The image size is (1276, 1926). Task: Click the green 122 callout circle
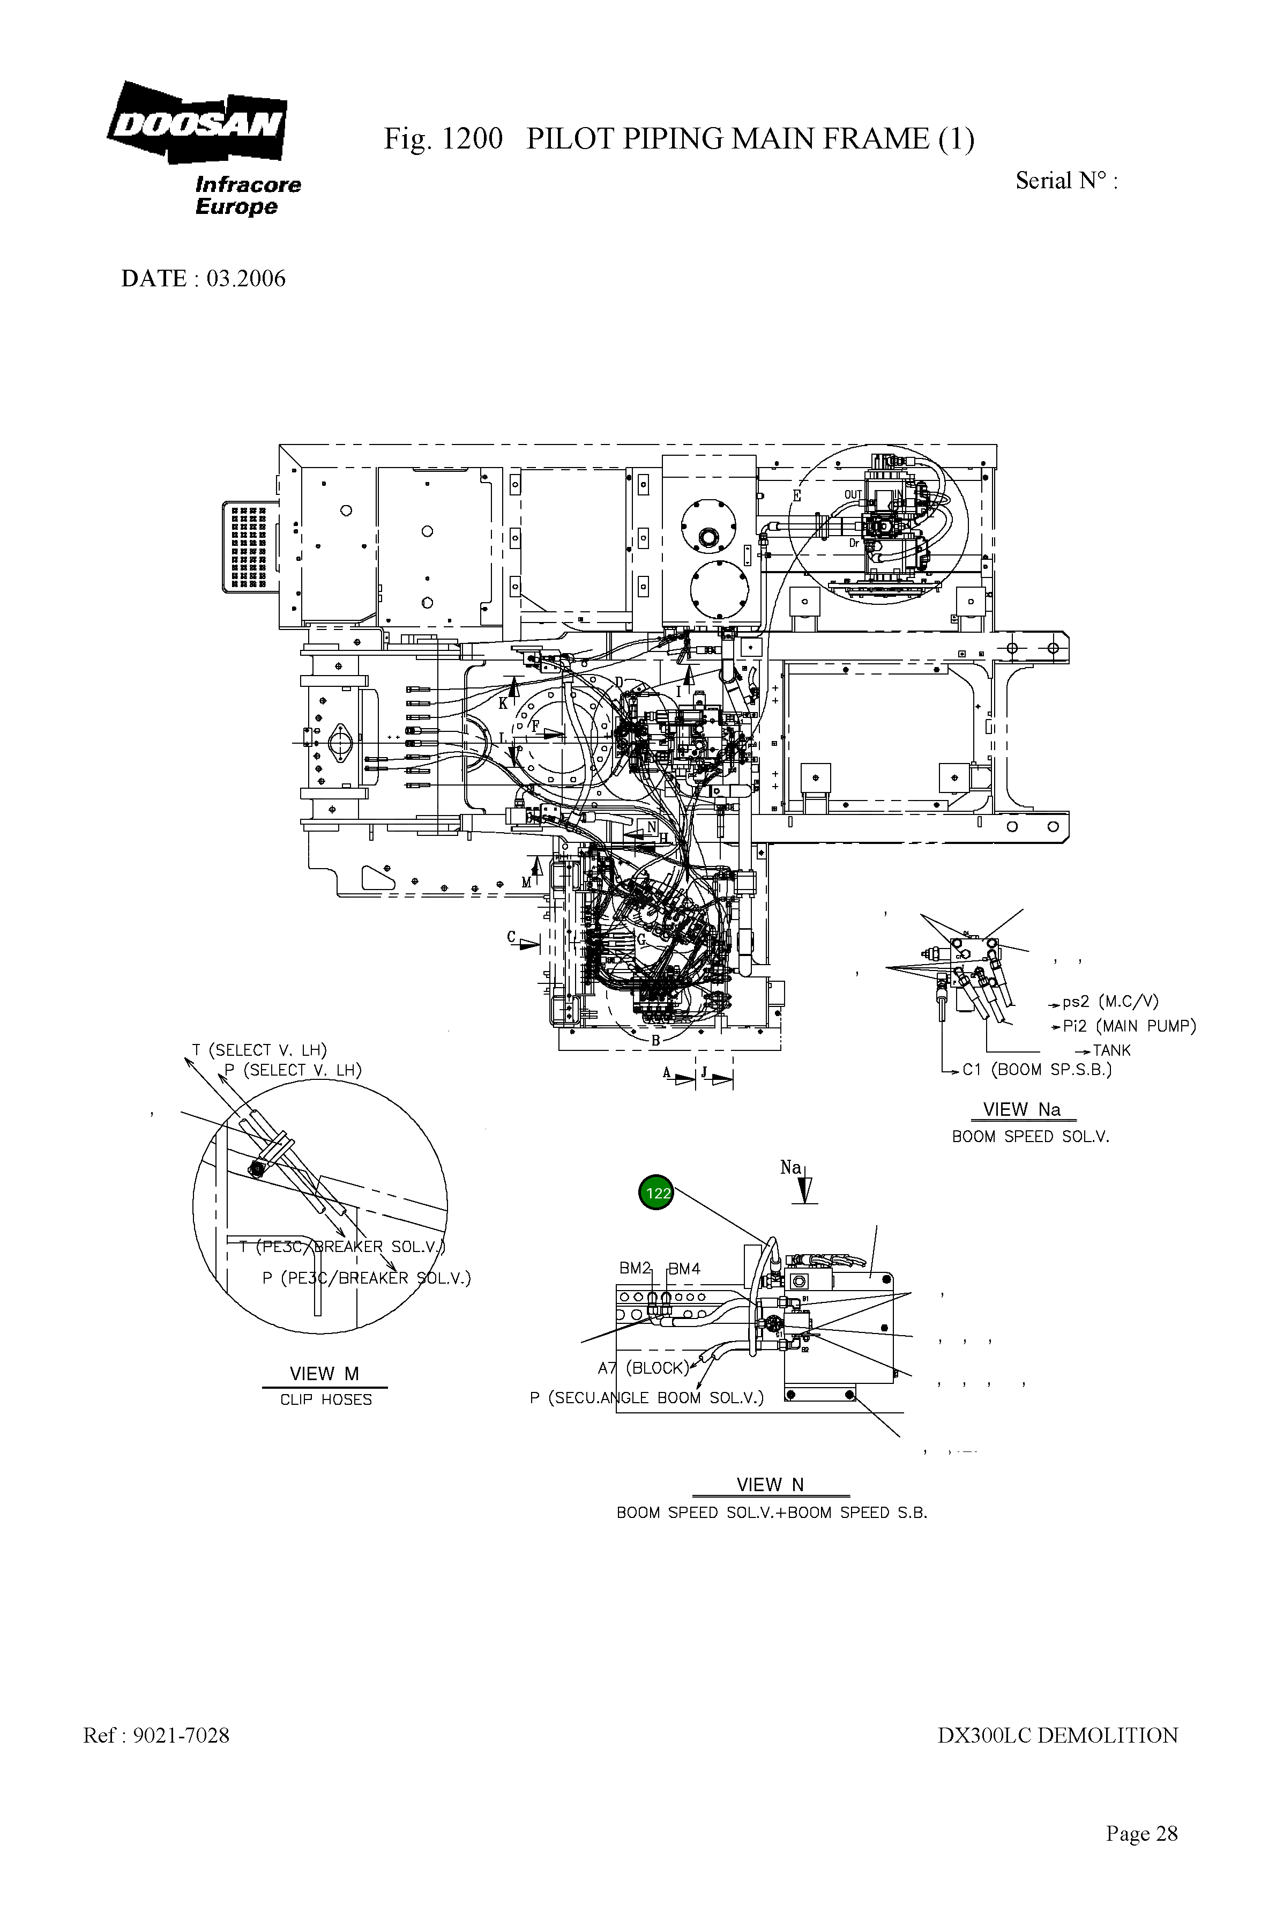click(656, 1194)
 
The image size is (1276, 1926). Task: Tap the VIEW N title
click(770, 1484)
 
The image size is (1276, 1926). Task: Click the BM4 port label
click(684, 1268)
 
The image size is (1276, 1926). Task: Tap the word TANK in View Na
click(1111, 1050)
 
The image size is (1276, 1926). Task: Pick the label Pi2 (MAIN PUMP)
click(1129, 1026)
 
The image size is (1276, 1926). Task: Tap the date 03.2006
click(246, 279)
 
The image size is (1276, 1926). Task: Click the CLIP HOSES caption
click(325, 1400)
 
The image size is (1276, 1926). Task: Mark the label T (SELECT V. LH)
click(259, 1050)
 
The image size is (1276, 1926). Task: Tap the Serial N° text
click(1066, 181)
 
